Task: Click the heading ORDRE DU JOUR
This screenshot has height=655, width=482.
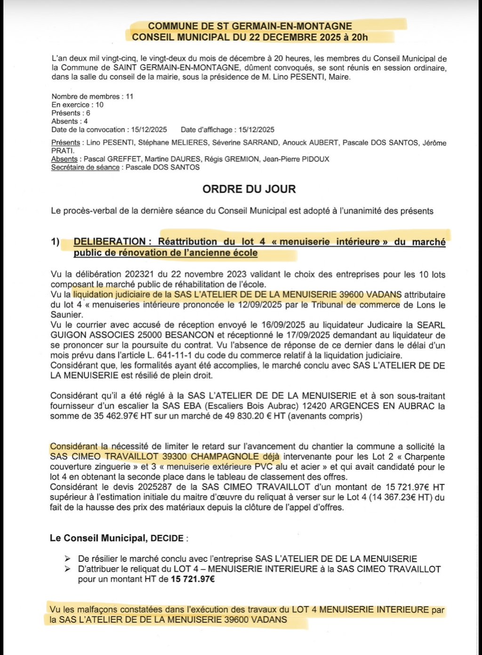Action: pyautogui.click(x=249, y=189)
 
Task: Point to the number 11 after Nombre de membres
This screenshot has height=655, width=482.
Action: pyautogui.click(x=129, y=96)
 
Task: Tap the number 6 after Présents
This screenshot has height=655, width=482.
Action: pyautogui.click(x=88, y=113)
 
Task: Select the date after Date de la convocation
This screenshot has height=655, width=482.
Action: pyautogui.click(x=149, y=130)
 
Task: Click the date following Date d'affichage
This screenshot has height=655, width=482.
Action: pyautogui.click(x=257, y=130)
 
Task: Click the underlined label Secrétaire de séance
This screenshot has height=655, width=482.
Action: pyautogui.click(x=85, y=167)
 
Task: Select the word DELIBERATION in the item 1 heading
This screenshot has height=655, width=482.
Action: pyautogui.click(x=110, y=242)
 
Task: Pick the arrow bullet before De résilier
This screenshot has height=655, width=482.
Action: pyautogui.click(x=68, y=559)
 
